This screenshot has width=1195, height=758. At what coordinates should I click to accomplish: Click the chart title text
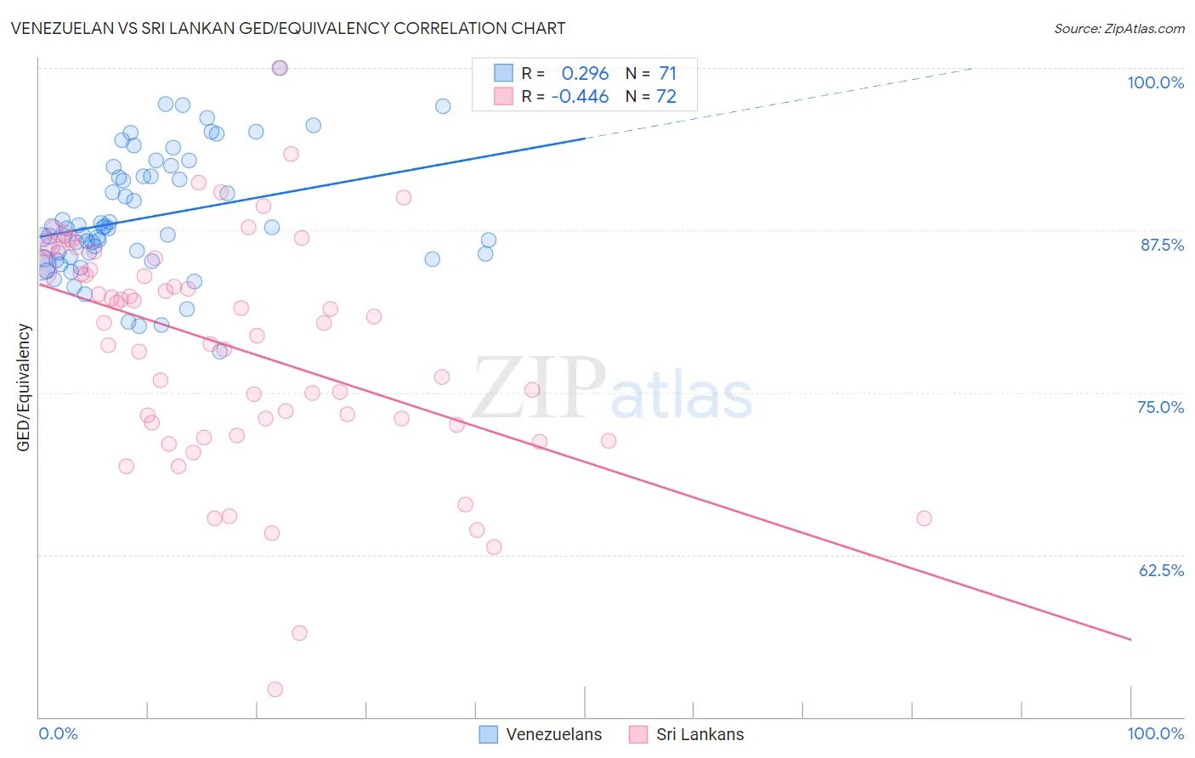coord(287,28)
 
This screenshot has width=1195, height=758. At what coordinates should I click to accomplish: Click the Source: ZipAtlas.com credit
coord(1119,28)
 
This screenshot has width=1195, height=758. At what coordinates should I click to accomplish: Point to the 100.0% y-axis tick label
coord(1155,82)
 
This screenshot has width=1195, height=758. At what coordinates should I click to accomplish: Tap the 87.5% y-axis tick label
coord(1161,245)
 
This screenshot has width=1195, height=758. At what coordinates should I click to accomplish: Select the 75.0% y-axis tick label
coord(1160,407)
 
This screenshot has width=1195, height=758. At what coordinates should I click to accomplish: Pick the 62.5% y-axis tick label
coord(1161,570)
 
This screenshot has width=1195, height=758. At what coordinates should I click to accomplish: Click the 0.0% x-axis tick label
coord(58,733)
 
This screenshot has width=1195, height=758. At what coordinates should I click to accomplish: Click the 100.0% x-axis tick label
coord(1155,733)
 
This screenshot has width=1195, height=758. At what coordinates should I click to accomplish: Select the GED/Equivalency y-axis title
coord(24,387)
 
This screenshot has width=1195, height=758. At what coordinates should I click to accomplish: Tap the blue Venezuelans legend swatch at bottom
coord(488,734)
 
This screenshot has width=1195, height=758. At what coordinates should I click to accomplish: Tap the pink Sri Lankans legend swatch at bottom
coord(638,734)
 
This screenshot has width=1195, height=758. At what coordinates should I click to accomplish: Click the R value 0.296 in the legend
coord(585,74)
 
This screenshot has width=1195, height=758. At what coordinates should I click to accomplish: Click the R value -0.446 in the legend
coord(580,97)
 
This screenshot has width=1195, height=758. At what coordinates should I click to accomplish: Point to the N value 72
coord(666,97)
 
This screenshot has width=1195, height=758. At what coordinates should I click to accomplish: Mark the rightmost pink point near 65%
coord(924,518)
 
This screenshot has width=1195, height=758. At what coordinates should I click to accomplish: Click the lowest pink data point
coord(275,689)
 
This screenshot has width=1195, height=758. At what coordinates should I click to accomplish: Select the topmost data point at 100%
coord(280,68)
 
